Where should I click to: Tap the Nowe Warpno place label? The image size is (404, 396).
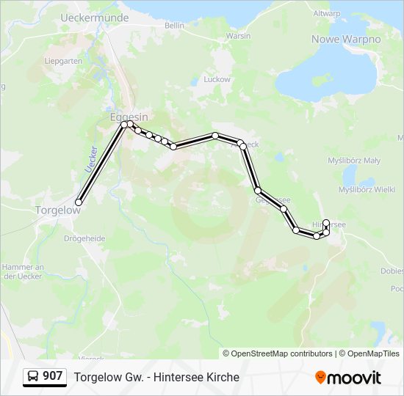coord(345,39)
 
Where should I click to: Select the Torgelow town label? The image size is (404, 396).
coord(56,210)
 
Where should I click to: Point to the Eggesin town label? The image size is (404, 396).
coord(129,117)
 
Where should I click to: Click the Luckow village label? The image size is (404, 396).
coord(217,79)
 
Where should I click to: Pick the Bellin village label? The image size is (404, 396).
coord(174,26)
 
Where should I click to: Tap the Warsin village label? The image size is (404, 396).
coord(238,36)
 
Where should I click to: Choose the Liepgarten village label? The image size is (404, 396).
coord(63,62)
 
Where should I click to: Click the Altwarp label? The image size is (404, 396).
coord(326,13)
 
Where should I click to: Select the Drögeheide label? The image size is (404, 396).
coord(84,238)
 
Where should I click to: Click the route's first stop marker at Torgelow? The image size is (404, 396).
coord(79,202)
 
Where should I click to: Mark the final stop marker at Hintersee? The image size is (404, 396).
coord(326,222)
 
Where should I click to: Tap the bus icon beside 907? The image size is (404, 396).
coord(33,376)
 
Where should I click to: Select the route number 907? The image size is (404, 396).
coord(52,376)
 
